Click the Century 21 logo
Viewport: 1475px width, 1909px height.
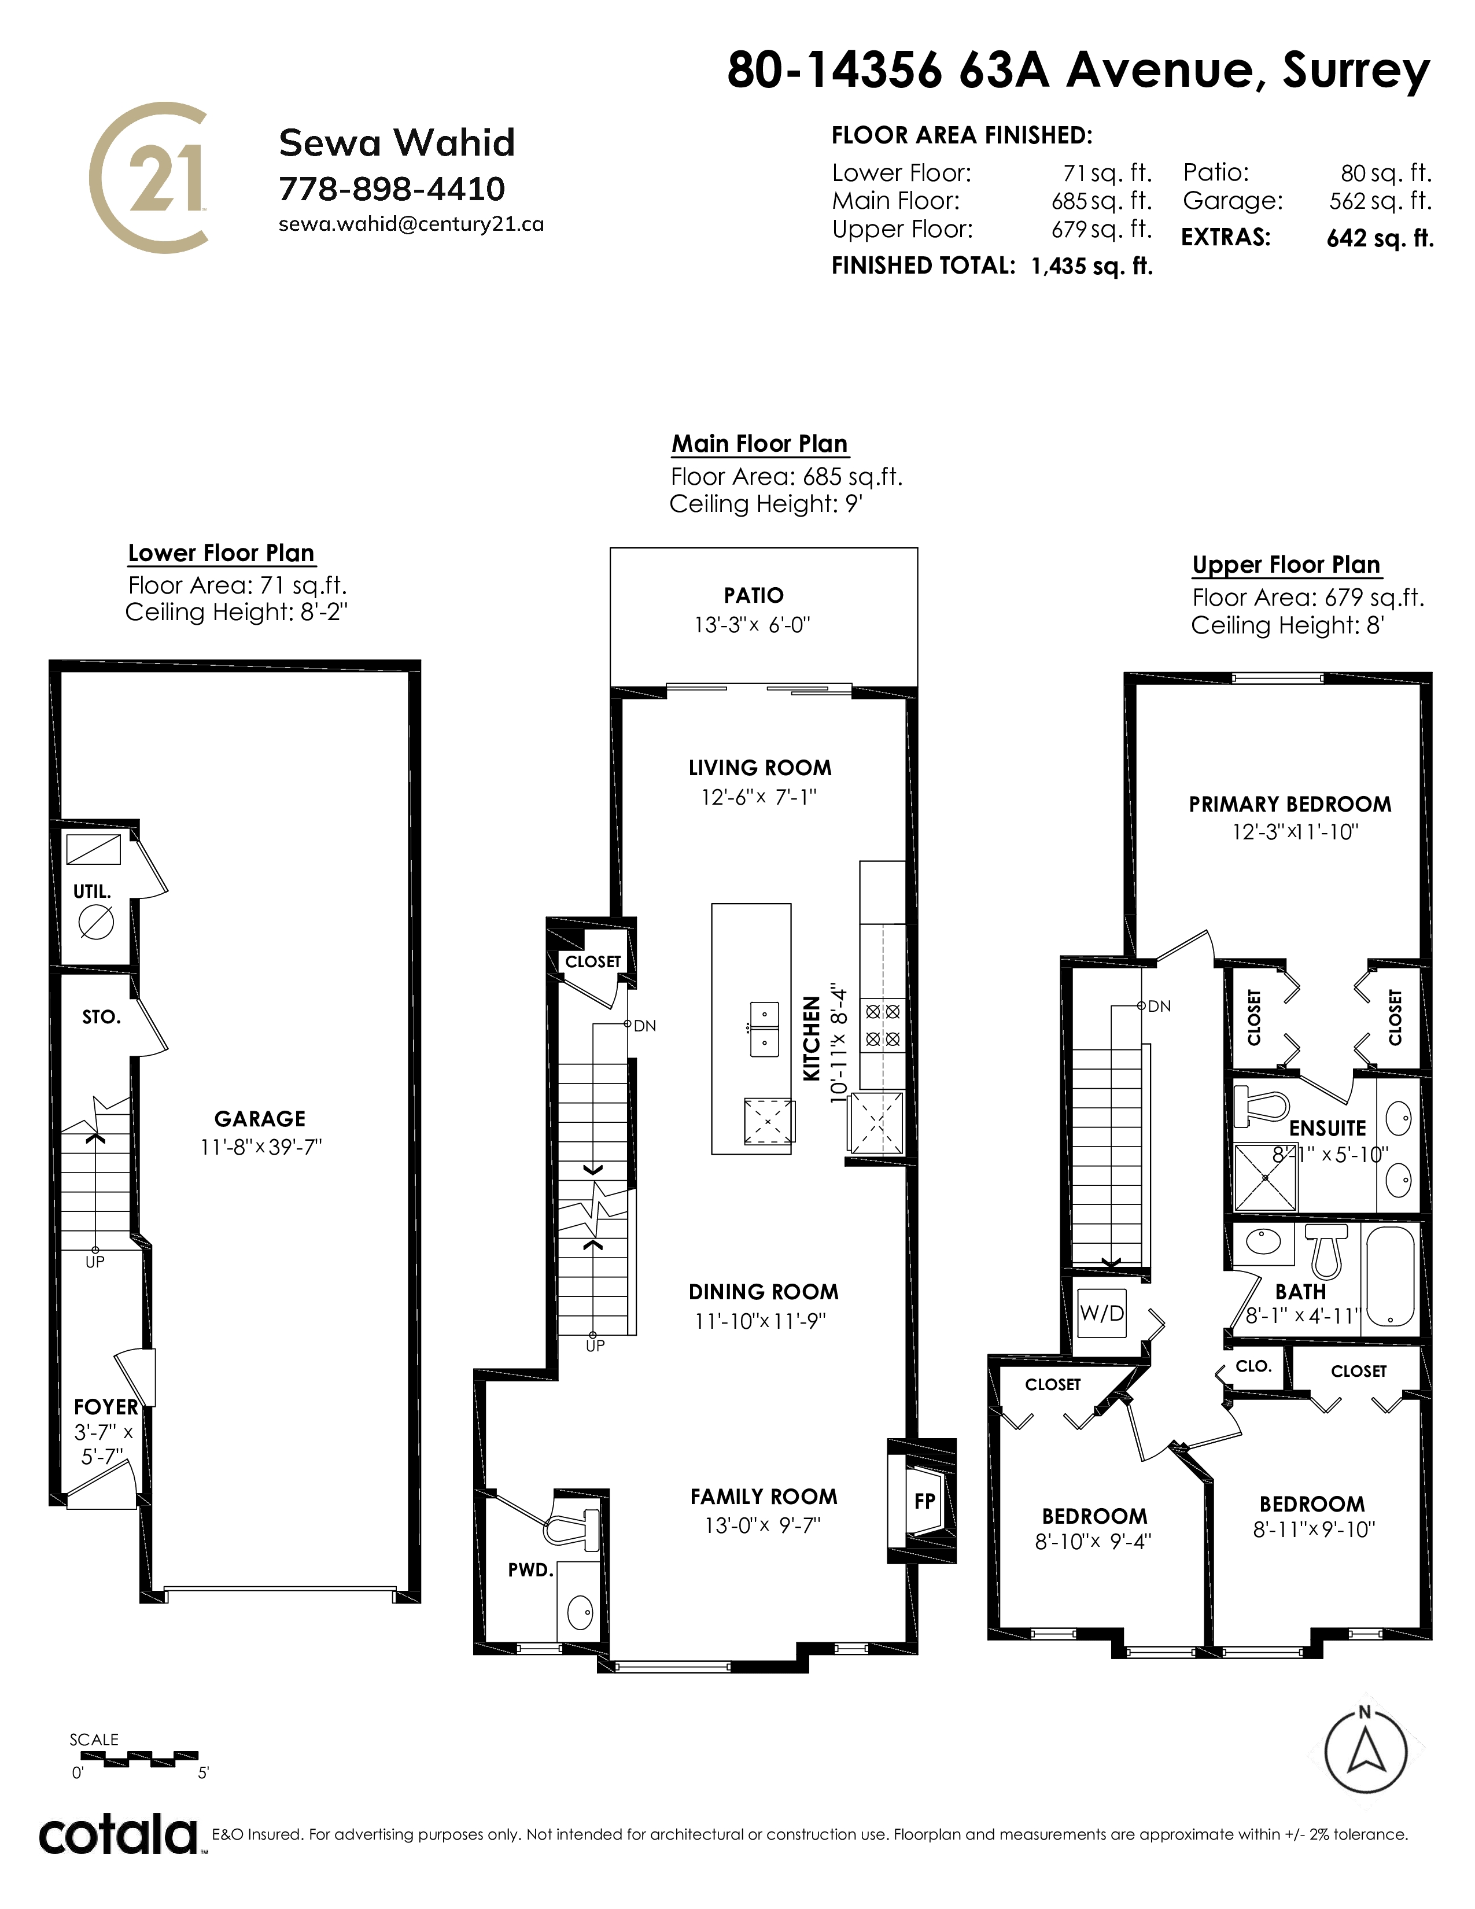(149, 178)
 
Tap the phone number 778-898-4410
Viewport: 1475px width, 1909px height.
(392, 189)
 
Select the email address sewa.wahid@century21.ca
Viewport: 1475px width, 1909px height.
(411, 224)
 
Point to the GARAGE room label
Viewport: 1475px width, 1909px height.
(260, 1119)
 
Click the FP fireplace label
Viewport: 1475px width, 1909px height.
(924, 1501)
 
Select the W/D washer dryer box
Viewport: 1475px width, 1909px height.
(1102, 1313)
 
